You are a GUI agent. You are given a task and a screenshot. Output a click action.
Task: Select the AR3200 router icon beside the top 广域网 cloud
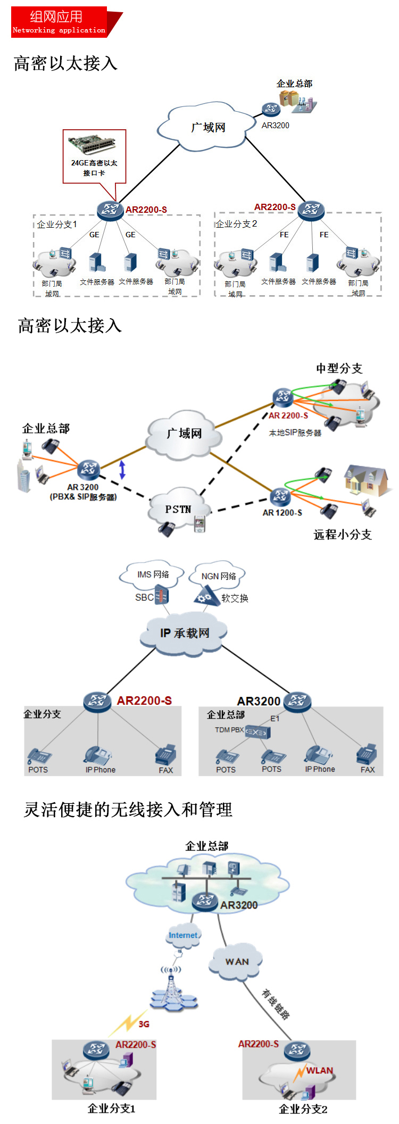[271, 110]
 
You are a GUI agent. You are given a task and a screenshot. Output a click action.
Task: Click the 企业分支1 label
[57, 224]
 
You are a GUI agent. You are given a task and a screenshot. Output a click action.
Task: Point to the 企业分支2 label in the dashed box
[236, 224]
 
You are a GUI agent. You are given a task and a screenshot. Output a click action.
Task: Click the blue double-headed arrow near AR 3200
[122, 469]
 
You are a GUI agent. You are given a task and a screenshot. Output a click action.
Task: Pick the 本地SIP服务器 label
[295, 433]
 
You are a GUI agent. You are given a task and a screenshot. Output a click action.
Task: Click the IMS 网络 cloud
[153, 575]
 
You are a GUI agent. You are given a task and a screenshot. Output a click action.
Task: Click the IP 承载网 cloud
[185, 633]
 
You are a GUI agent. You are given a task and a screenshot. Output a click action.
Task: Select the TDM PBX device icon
[257, 732]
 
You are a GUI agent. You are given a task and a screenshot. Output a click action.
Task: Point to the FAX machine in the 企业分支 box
[165, 755]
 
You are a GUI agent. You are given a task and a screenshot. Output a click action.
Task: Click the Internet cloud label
[183, 935]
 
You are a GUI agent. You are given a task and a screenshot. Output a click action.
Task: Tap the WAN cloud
[237, 962]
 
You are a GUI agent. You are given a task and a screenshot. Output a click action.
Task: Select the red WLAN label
[320, 1070]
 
